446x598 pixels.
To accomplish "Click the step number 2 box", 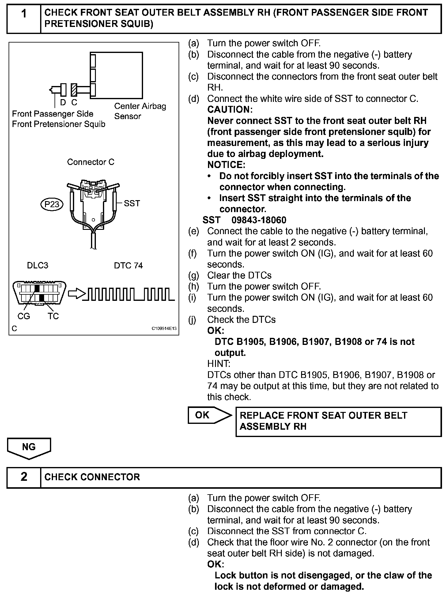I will pos(24,477).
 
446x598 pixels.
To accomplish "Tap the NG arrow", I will pos(29,448).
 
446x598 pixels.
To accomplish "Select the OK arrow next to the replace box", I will pos(210,415).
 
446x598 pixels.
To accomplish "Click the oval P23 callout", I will pos(52,204).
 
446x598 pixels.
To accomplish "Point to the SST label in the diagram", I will pos(132,203).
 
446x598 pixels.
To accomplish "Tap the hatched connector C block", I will pos(74,89).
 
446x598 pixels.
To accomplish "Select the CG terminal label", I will pos(24,316).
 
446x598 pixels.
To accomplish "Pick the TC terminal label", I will pos(53,316).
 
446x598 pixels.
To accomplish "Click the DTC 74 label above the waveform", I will pos(128,265).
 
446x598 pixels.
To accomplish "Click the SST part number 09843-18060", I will pos(259,220).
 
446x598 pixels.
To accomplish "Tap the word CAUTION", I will pos(230,110).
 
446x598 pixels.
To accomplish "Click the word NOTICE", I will pos(226,165).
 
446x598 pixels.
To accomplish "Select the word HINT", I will pos(218,364).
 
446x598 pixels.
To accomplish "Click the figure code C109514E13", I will pos(164,329).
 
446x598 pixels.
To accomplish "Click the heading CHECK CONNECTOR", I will pos(92,477).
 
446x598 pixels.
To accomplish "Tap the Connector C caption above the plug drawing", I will pos(90,162).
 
